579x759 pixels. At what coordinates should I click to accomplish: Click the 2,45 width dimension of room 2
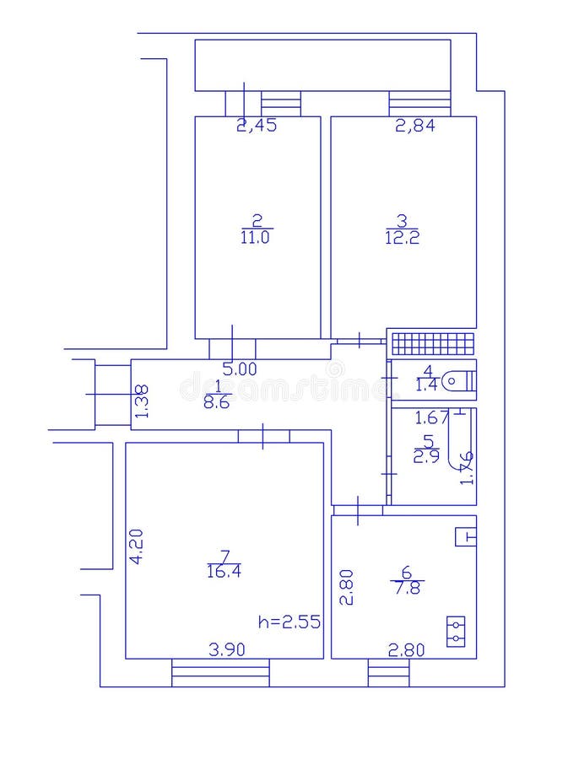click(x=257, y=126)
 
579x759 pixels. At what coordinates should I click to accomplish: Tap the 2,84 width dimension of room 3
click(x=415, y=126)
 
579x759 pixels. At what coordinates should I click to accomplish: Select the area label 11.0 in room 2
click(x=256, y=238)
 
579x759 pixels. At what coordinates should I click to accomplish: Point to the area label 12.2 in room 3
click(x=402, y=238)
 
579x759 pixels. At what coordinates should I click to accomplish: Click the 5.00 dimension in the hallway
click(x=239, y=369)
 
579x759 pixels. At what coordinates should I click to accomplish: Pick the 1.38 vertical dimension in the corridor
click(x=142, y=401)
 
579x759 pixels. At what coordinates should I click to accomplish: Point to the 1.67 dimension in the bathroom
click(x=430, y=417)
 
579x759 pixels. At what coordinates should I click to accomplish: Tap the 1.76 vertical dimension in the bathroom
click(x=466, y=468)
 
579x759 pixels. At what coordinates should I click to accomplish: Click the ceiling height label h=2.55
click(x=289, y=622)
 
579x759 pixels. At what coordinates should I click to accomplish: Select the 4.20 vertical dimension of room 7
click(x=136, y=546)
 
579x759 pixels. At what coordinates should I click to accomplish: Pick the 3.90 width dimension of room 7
click(x=227, y=649)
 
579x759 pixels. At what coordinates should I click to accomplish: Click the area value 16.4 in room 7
click(x=224, y=571)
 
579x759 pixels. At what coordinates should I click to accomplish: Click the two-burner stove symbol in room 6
click(x=456, y=632)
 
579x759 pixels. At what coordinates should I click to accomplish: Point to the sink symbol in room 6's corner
click(x=466, y=536)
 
